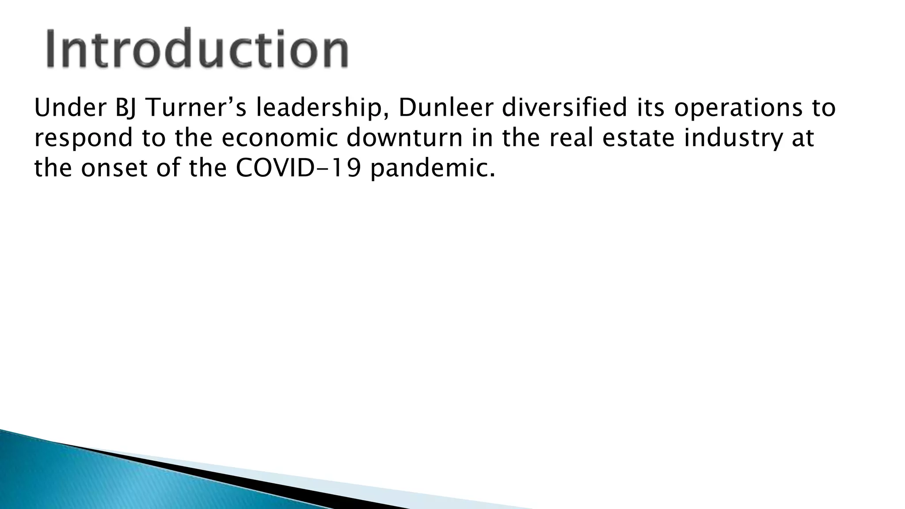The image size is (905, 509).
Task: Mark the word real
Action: click(x=570, y=138)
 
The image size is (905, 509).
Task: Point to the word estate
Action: click(x=639, y=138)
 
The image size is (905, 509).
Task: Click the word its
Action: click(x=650, y=108)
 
